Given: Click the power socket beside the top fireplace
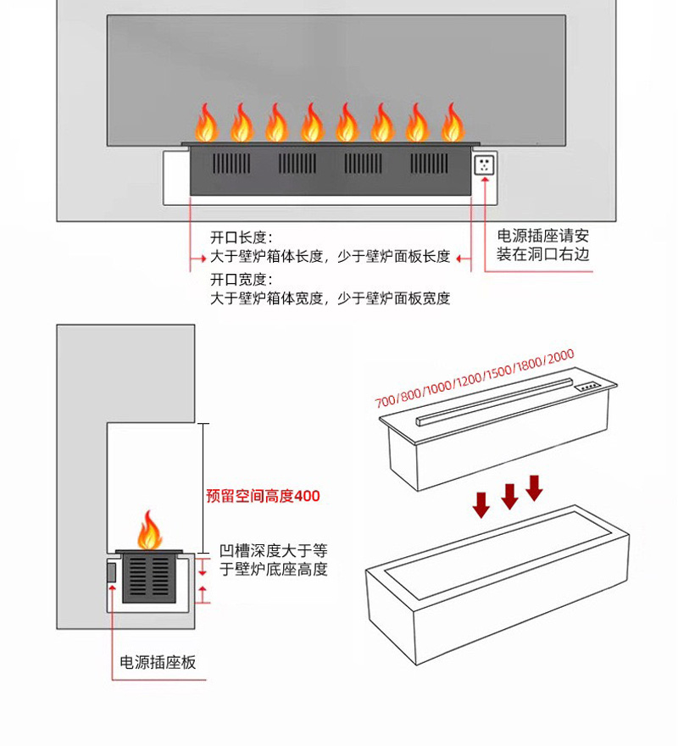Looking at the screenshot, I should tap(484, 164).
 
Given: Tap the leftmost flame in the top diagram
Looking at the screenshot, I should tap(206, 124).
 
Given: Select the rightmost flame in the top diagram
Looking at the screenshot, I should tap(452, 124).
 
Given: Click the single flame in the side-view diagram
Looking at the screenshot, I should tap(150, 531).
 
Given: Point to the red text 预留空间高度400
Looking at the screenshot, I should tap(263, 496).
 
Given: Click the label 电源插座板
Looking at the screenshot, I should tap(158, 662).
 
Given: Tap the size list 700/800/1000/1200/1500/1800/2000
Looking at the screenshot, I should tap(475, 378).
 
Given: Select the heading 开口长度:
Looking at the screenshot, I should tap(242, 238).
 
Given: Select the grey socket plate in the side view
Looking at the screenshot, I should tap(111, 572).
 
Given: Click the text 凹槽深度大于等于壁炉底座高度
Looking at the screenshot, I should tap(273, 559).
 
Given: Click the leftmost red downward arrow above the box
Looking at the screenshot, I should tap(481, 505).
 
